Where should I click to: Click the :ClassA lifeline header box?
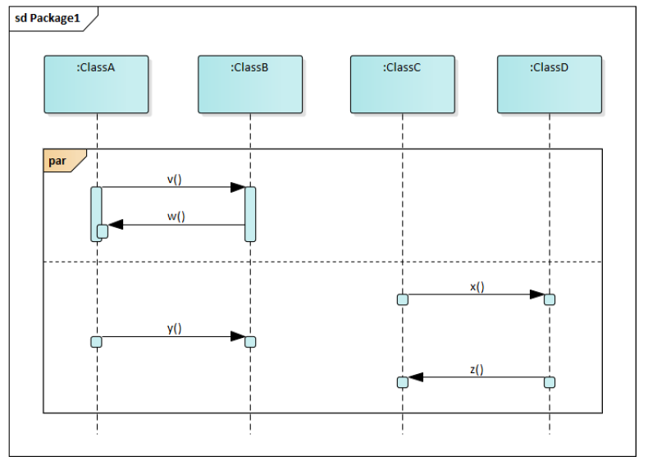(x=96, y=84)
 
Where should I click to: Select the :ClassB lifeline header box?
(x=250, y=84)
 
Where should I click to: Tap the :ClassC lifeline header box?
(x=402, y=84)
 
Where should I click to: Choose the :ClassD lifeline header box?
(x=550, y=84)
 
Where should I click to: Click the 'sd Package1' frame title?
(x=48, y=19)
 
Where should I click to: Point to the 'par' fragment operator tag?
(x=59, y=161)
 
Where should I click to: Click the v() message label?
(x=174, y=178)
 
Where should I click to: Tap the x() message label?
(x=477, y=286)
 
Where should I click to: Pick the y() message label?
(x=174, y=328)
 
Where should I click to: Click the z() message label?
(x=477, y=370)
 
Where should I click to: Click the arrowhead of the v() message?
(x=238, y=187)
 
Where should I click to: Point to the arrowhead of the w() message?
(x=116, y=225)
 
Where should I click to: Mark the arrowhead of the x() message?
(x=537, y=294)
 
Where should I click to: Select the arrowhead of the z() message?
(x=415, y=377)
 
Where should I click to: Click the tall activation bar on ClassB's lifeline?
(x=250, y=214)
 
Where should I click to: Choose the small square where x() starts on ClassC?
(x=402, y=299)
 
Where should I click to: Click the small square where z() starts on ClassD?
(x=550, y=382)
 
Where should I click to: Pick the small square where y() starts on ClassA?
(x=96, y=341)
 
